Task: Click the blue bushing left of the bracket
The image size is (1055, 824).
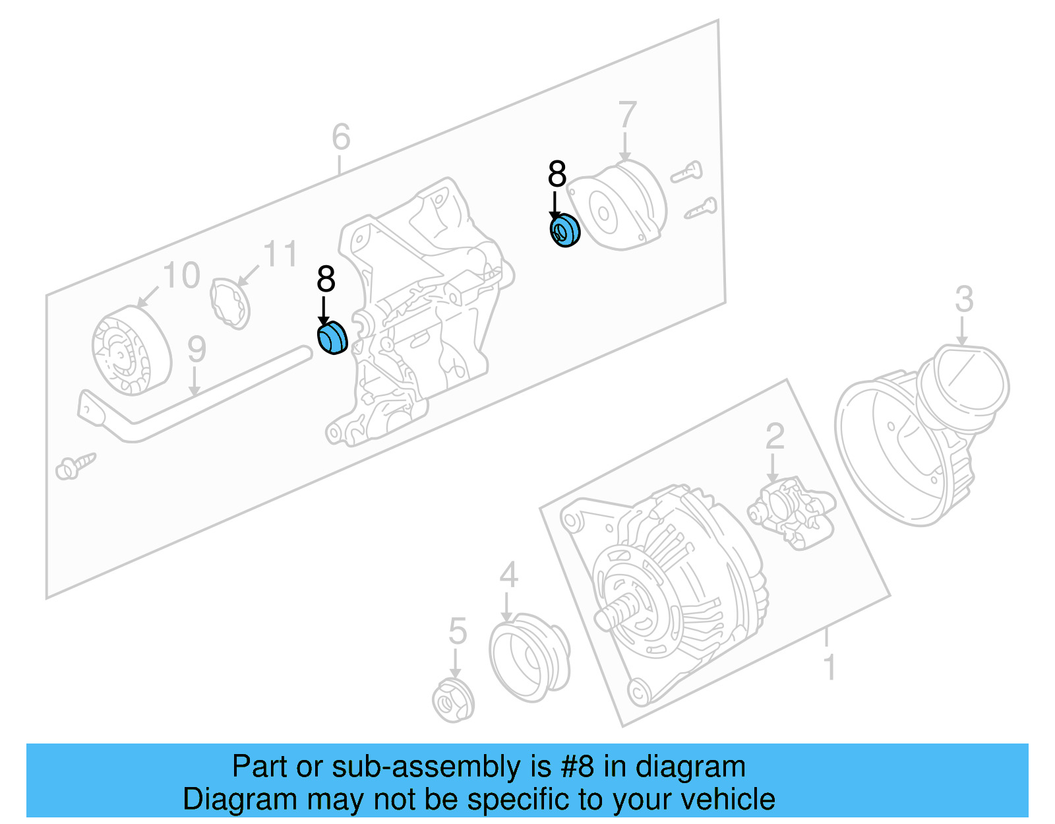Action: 332,338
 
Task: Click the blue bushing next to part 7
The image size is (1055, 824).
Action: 564,230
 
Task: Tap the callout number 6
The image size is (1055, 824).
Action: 341,137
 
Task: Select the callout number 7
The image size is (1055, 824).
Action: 627,115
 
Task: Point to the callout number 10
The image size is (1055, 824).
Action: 181,276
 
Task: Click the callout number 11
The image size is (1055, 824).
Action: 280,255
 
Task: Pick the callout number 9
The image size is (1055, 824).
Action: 196,350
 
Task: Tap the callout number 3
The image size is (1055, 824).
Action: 964,300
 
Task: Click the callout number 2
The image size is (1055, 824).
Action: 775,437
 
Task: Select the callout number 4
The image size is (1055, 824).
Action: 508,575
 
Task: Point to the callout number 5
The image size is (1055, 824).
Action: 458,631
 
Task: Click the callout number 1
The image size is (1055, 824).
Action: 830,668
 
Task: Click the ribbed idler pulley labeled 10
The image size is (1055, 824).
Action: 131,351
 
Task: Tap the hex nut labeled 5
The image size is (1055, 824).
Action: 453,699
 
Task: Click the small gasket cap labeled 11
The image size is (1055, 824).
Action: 230,302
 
